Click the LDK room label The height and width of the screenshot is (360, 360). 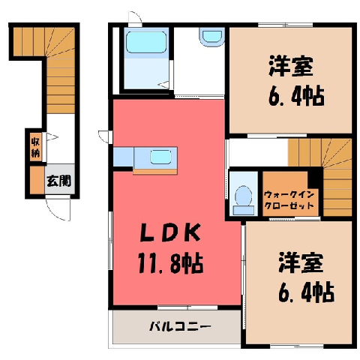pos(170,232)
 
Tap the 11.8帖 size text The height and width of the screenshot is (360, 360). pos(170,263)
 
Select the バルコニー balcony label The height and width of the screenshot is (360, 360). pos(180,327)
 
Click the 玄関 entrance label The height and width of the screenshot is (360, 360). pos(59,181)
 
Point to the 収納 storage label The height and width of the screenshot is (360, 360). pos(35,148)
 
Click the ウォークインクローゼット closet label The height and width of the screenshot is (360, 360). pos(289,200)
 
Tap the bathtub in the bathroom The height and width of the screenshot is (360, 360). pos(146,42)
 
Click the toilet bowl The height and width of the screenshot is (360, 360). pos(244,196)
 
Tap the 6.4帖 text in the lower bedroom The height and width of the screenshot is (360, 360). pos(306,292)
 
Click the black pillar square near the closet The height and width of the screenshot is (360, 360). pos(315,178)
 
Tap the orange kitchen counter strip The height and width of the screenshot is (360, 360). pos(155,172)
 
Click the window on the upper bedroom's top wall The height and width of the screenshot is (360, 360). pos(285,25)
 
